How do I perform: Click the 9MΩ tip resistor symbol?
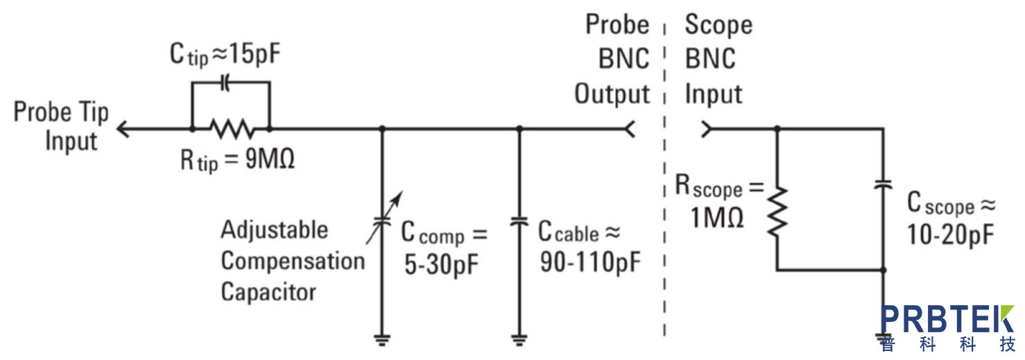(x=230, y=128)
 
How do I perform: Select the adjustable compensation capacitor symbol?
(x=381, y=222)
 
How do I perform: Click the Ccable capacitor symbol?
(x=519, y=222)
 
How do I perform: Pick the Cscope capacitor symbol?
(x=883, y=187)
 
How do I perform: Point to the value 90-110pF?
(x=590, y=264)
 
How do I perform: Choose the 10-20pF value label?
(x=951, y=235)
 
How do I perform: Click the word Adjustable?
(x=274, y=230)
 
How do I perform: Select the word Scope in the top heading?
(x=718, y=25)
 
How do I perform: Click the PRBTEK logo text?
(x=947, y=320)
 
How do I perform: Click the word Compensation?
(x=293, y=262)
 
